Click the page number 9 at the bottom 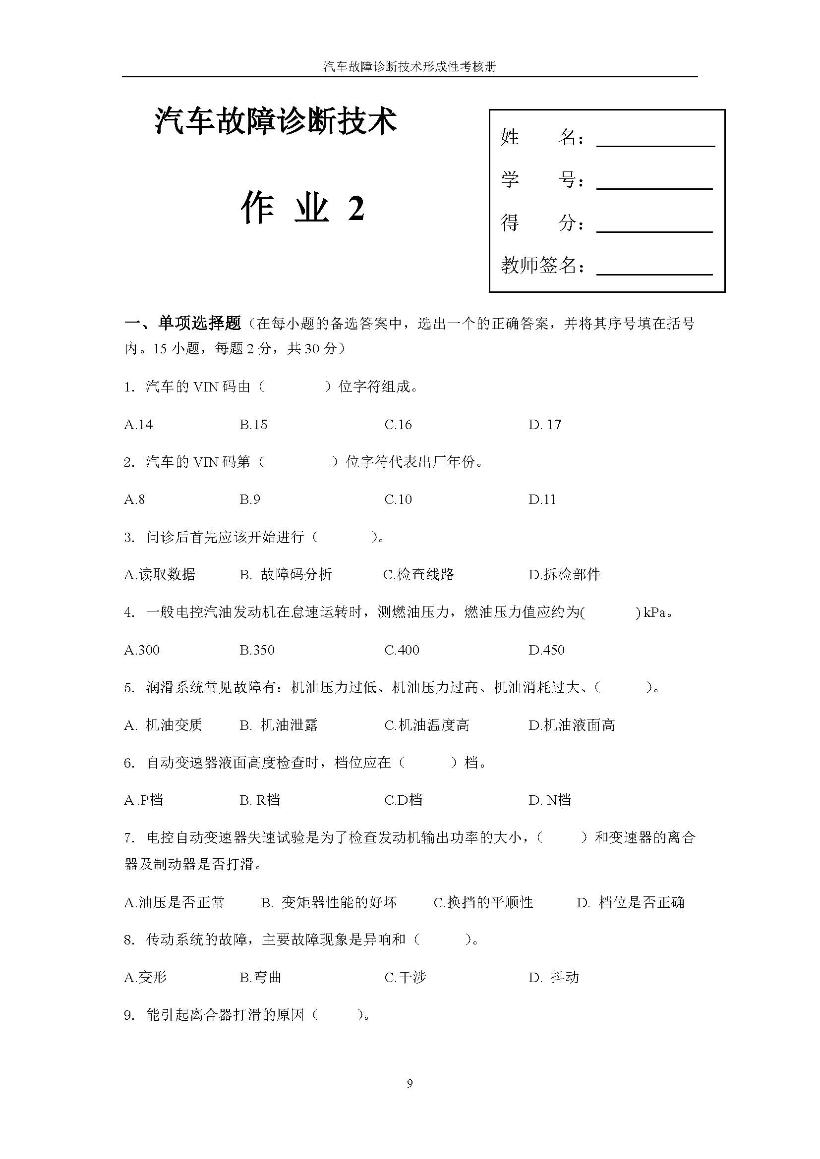point(410,1084)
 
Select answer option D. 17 point(544,425)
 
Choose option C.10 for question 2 point(398,500)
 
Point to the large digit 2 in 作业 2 point(356,208)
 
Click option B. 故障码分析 point(286,574)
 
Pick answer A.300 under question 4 point(141,650)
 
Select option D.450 point(546,650)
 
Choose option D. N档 point(549,800)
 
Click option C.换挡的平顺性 point(483,902)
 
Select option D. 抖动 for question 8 point(553,978)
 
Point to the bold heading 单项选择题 point(199,323)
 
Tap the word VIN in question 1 point(206,387)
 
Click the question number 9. point(129,1015)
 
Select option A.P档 point(143,800)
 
